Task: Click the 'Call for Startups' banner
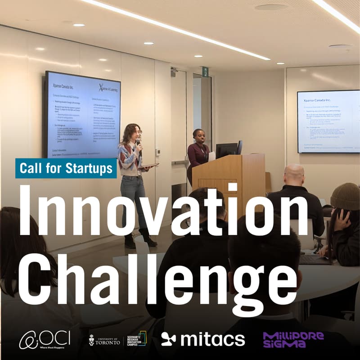66,168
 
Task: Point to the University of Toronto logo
105,339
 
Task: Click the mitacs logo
203,339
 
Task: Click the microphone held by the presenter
138,144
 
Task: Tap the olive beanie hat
345,195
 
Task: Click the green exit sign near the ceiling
205,72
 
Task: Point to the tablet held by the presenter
148,166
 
